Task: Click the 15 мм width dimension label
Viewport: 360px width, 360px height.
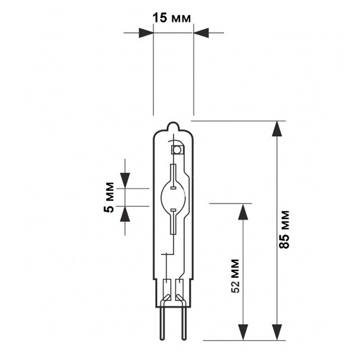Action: tap(172, 17)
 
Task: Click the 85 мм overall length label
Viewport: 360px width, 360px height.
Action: tap(284, 229)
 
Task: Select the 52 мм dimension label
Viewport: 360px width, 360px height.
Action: tap(235, 276)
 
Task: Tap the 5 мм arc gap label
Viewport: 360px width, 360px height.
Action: tap(109, 197)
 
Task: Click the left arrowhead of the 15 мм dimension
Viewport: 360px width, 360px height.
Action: tap(146, 33)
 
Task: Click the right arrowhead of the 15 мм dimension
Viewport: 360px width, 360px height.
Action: tap(201, 33)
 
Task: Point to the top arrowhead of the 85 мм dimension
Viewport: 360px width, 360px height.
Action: tap(277, 128)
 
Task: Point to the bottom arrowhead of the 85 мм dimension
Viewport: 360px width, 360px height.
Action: tap(277, 332)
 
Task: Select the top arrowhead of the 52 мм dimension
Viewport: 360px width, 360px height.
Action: tap(243, 212)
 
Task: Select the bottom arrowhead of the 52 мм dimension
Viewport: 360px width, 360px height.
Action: tap(243, 332)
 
